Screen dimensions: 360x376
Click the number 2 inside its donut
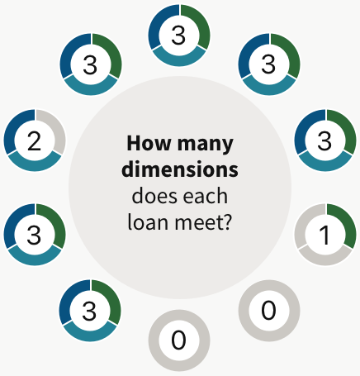pyautogui.click(x=35, y=141)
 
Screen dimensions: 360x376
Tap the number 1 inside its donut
pyautogui.click(x=324, y=235)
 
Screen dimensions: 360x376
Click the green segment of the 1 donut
pyautogui.click(x=346, y=222)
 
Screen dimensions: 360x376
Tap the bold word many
pyautogui.click(x=206, y=145)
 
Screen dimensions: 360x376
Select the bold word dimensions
pyautogui.click(x=180, y=169)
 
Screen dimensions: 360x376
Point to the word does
pyautogui.click(x=155, y=196)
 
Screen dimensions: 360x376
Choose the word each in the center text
pyautogui.click(x=206, y=196)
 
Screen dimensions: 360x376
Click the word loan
pyautogui.click(x=148, y=221)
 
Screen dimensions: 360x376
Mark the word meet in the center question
pyautogui.click(x=197, y=222)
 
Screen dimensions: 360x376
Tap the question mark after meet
pyautogui.click(x=227, y=221)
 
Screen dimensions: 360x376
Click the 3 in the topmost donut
pyautogui.click(x=178, y=36)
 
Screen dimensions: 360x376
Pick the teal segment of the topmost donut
pyautogui.click(x=179, y=59)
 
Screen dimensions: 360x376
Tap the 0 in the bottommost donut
pyautogui.click(x=178, y=340)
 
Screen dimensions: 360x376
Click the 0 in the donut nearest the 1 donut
pyautogui.click(x=268, y=310)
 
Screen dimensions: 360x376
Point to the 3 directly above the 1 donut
pyautogui.click(x=324, y=141)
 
